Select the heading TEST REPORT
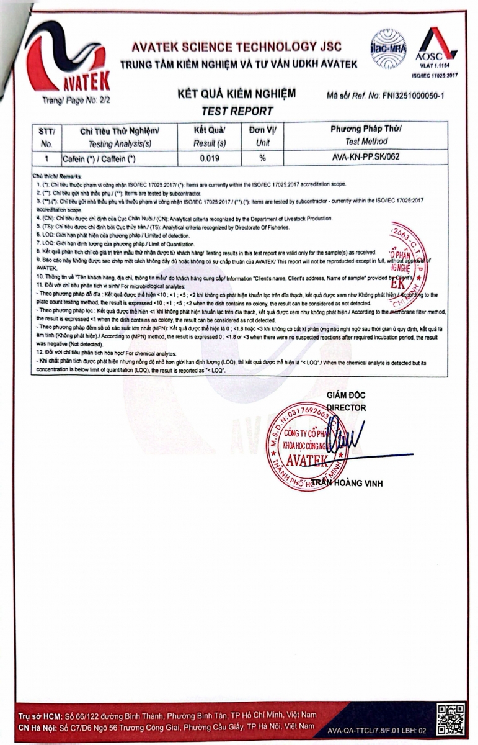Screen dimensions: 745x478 tap(237, 111)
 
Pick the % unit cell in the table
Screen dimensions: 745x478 tap(263, 158)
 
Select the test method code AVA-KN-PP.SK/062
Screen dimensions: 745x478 tap(366, 157)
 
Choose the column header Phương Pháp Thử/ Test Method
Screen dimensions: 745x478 tap(366, 135)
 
